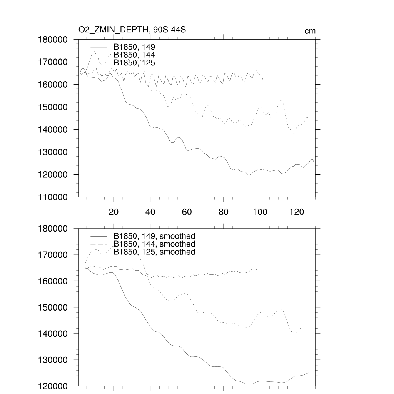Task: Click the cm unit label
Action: [310, 31]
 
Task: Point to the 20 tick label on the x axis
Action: [114, 212]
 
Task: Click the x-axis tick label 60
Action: [187, 212]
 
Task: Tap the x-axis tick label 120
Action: [297, 212]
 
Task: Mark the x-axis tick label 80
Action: [223, 212]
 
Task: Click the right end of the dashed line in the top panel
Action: [264, 80]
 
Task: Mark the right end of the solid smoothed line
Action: [309, 372]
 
